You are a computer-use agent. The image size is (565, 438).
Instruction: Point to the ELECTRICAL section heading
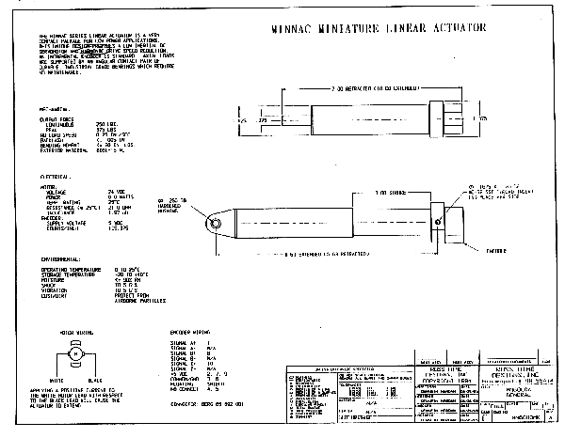(x=54, y=176)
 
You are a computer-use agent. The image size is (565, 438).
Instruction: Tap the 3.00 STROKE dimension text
(x=362, y=193)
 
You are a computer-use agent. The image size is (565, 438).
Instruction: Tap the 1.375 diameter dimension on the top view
(x=481, y=120)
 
